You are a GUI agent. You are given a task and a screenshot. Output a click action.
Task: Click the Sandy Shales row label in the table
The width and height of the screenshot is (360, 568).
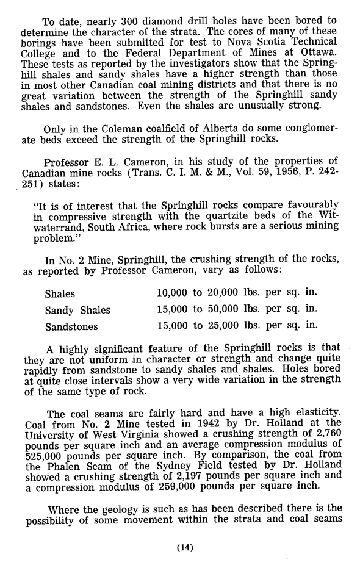(77, 310)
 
